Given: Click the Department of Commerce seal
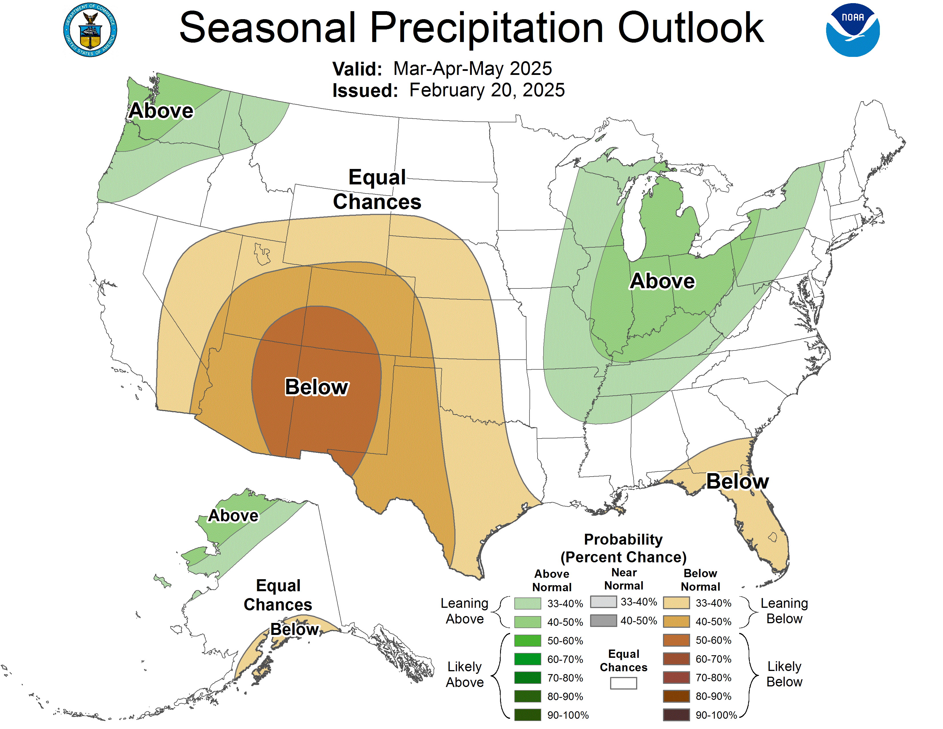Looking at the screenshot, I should click(x=90, y=30).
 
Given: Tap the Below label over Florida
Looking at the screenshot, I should click(x=737, y=481).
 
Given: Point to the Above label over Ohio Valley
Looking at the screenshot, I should click(x=662, y=281).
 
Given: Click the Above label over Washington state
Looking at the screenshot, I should click(x=161, y=111).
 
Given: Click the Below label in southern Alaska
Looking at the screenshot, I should click(x=294, y=629).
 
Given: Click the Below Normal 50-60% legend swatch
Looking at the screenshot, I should click(x=676, y=640).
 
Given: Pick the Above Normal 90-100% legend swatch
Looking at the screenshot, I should click(x=527, y=715).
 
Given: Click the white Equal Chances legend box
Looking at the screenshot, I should click(x=623, y=683).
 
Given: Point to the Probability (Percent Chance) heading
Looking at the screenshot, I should click(x=623, y=548).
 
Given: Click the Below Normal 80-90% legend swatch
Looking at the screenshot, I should click(x=676, y=696).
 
